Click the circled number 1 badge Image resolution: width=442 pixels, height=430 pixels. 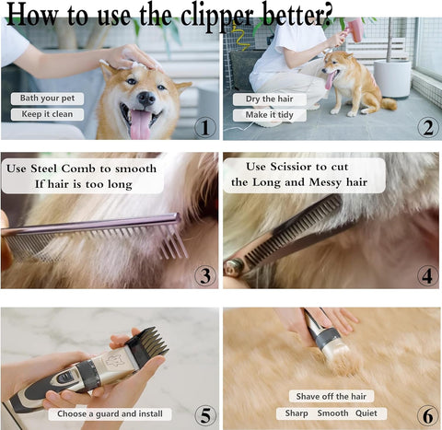[204, 126]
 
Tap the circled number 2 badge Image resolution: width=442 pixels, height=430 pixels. [426, 127]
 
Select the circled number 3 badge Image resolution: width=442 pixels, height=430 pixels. [204, 274]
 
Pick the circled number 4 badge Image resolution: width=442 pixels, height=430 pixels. [426, 274]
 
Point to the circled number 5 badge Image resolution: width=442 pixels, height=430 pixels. [204, 414]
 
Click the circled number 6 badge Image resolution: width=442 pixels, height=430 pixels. [426, 414]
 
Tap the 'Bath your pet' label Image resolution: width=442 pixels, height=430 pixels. [47, 99]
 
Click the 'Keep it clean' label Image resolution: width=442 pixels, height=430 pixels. [47, 115]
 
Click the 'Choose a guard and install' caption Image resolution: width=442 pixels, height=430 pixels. [110, 414]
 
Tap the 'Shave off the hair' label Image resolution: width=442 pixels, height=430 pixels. [331, 396]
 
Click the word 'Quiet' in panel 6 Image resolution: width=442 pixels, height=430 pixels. [371, 413]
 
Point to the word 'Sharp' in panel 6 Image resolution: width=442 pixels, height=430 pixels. [296, 413]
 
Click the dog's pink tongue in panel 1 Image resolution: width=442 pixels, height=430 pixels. [141, 123]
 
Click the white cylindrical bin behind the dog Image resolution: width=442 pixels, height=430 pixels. [391, 78]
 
